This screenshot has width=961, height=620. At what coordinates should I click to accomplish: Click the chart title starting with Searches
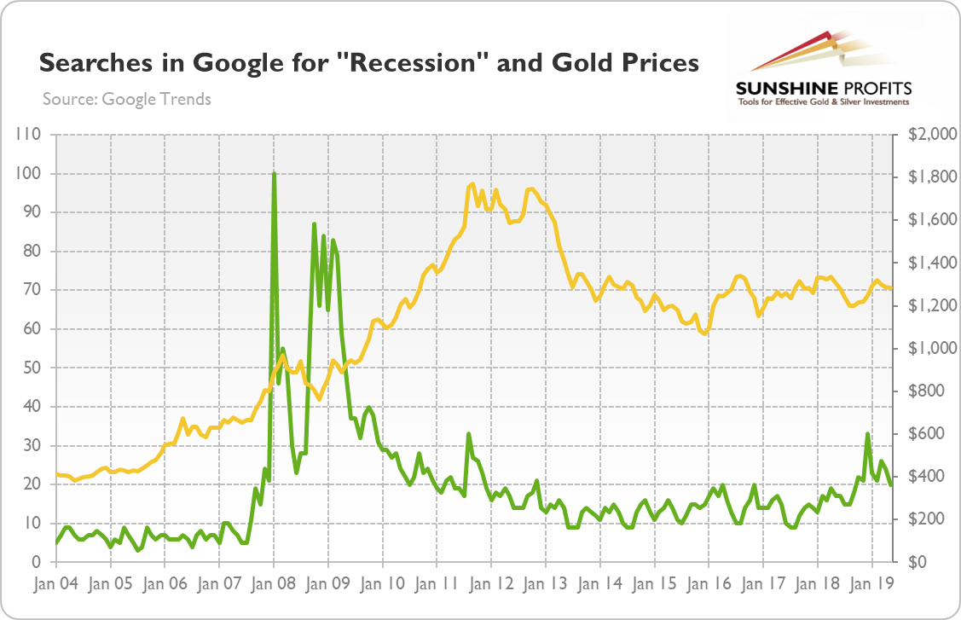369,62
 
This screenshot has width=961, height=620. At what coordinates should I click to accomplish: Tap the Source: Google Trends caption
126,99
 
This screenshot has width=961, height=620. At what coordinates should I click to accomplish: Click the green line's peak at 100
274,173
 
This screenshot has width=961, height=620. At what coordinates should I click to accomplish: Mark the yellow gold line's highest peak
472,184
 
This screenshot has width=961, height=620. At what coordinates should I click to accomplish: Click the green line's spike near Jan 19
868,434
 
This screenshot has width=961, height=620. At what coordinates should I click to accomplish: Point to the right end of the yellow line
892,288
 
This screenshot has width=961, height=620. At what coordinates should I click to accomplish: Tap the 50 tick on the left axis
35,368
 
